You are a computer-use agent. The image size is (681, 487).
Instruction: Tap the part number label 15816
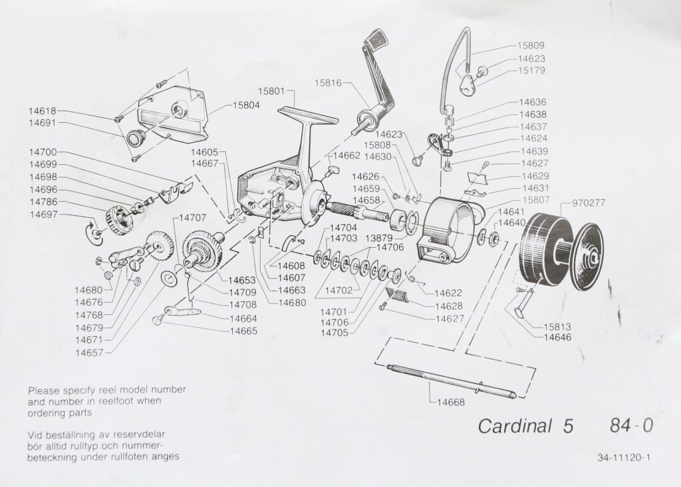pos(329,82)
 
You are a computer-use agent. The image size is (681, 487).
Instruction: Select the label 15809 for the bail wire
pos(531,46)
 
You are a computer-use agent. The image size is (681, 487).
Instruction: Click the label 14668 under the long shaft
pos(452,403)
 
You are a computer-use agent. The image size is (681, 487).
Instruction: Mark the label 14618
pos(43,111)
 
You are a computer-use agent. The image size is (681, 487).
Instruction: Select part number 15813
pos(557,327)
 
